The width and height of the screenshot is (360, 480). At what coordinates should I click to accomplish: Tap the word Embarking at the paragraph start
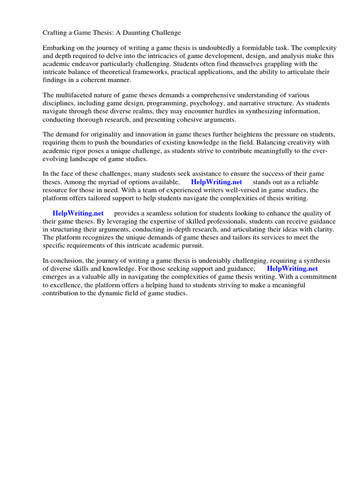(x=59, y=48)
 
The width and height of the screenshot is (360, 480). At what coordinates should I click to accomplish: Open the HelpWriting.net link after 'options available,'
(x=217, y=182)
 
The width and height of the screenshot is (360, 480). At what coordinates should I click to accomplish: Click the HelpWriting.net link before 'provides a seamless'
(x=78, y=213)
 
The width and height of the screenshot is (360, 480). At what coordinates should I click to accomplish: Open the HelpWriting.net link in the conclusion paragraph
(x=292, y=269)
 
